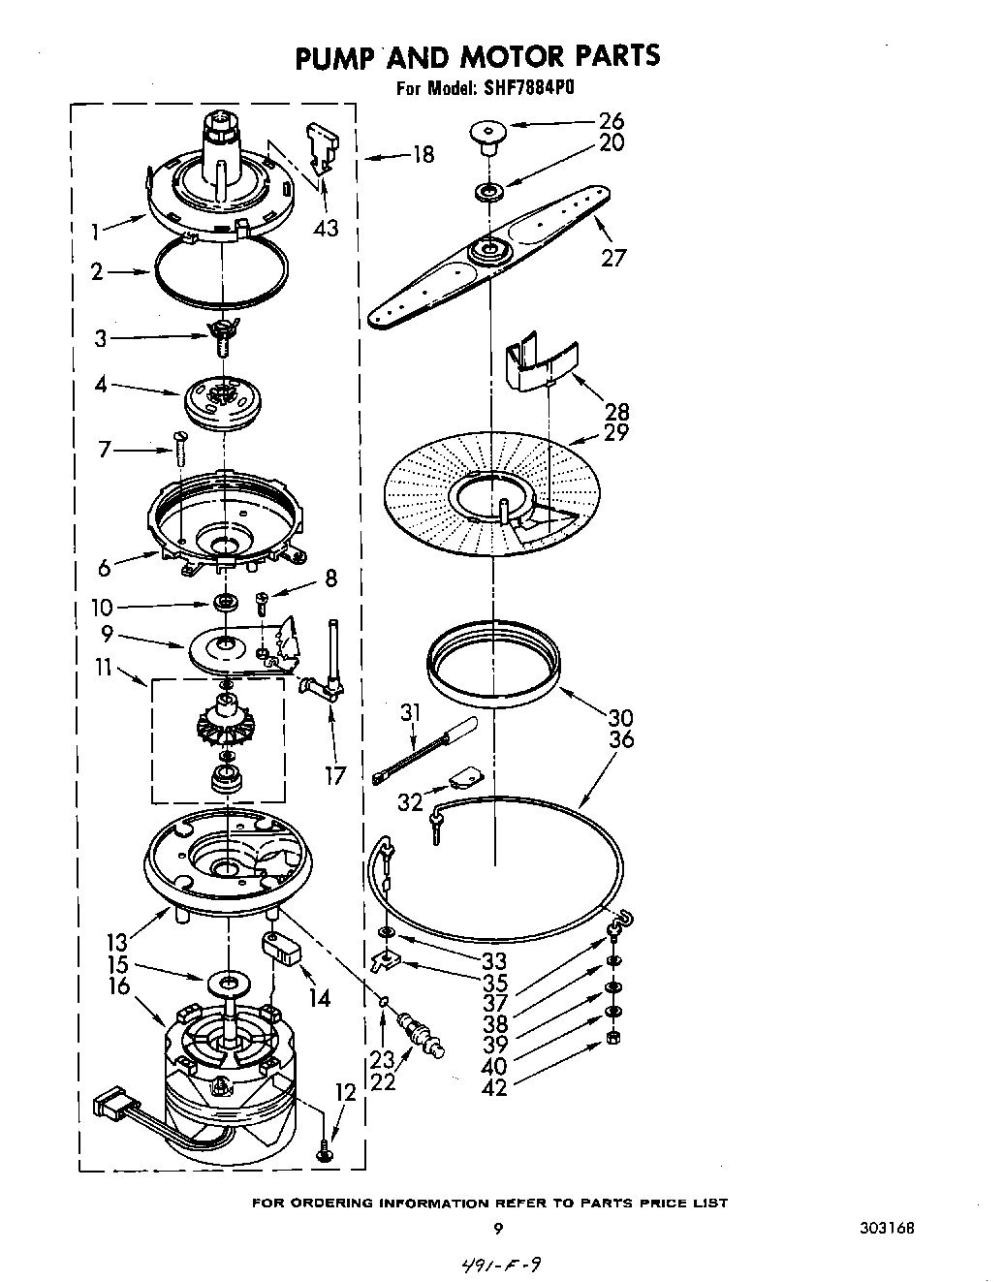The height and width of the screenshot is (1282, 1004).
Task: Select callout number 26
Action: pyautogui.click(x=612, y=121)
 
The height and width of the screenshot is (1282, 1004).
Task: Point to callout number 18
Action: pyautogui.click(x=423, y=154)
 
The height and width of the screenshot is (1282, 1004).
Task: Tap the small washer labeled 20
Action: pyautogui.click(x=486, y=191)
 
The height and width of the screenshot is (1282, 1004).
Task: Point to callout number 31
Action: pyautogui.click(x=410, y=712)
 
